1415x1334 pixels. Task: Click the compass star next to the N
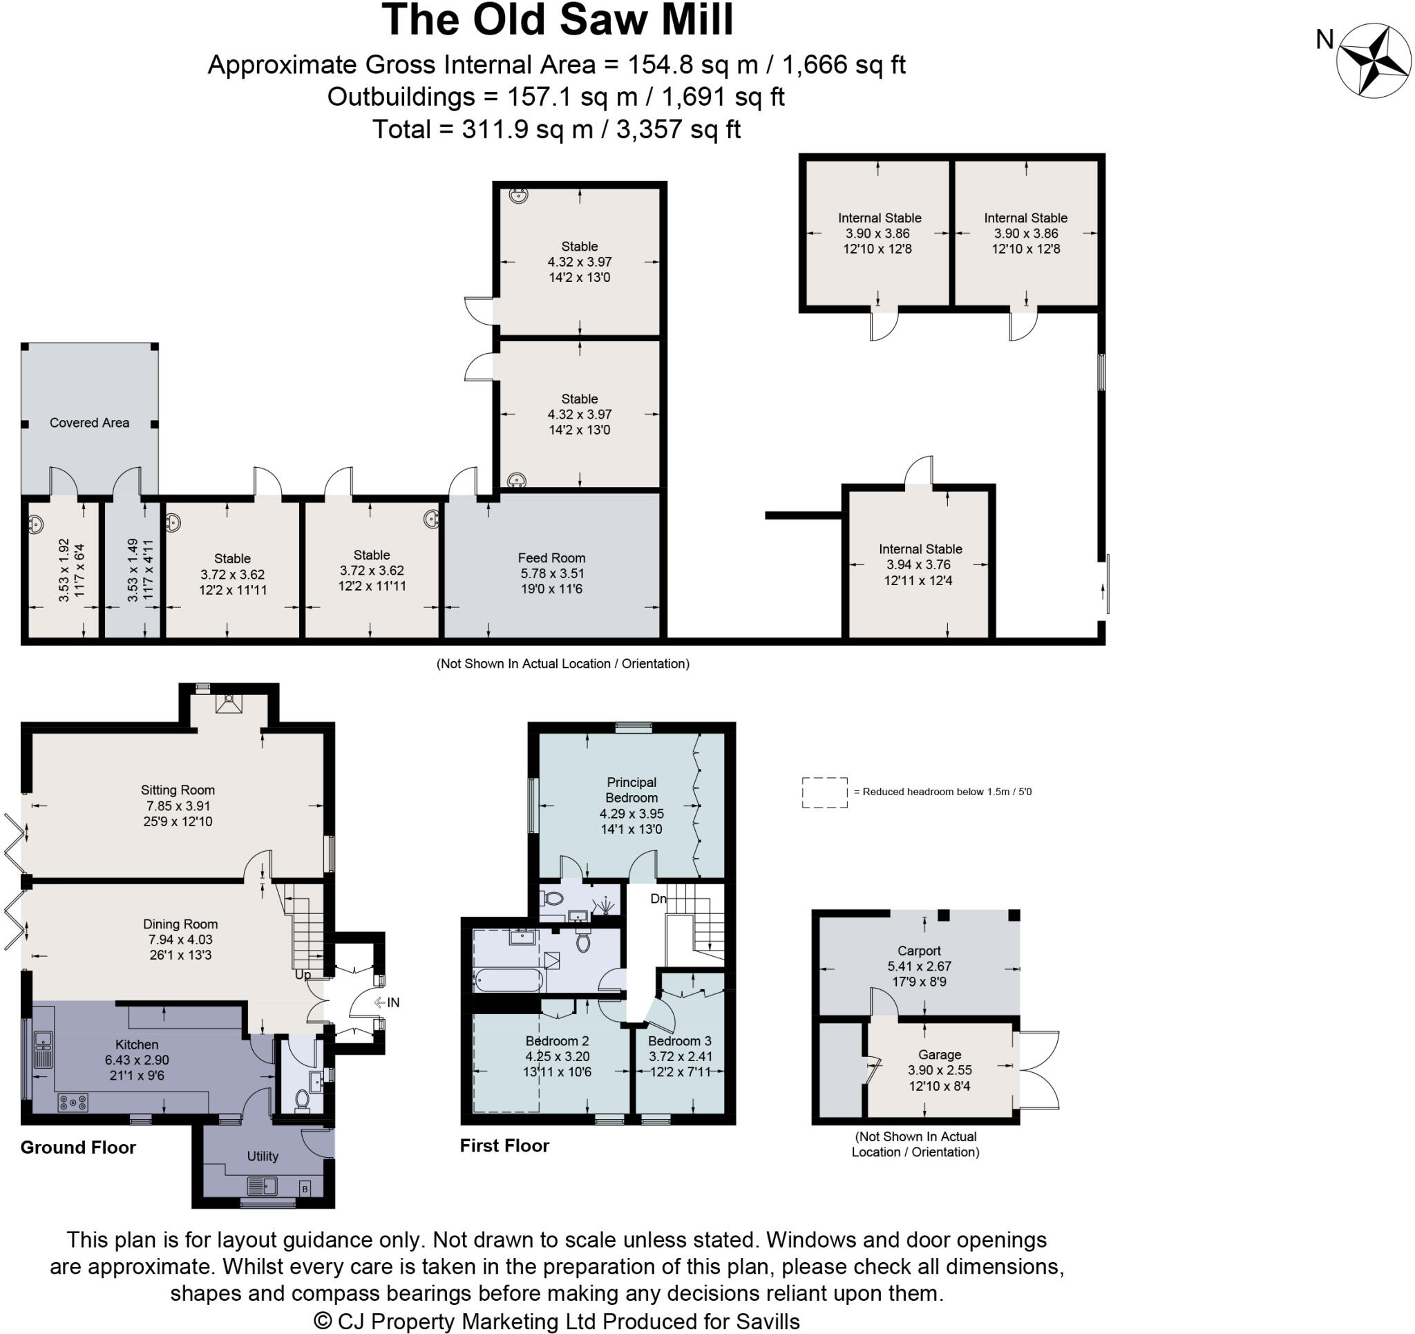tap(1373, 61)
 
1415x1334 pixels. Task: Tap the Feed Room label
tap(551, 558)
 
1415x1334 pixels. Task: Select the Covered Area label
tap(90, 423)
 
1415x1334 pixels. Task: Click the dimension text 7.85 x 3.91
tap(178, 806)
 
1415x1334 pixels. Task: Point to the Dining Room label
tap(180, 924)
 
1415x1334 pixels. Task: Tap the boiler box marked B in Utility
tap(305, 1189)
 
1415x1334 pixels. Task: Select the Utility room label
tap(263, 1156)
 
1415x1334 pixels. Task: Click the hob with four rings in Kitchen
tap(73, 1103)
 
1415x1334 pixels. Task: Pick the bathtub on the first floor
tap(509, 980)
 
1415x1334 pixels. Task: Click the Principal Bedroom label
tap(631, 790)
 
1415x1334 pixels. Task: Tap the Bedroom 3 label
tap(680, 1040)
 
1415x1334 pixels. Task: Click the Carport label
tap(919, 951)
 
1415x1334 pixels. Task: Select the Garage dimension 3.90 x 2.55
tap(940, 1070)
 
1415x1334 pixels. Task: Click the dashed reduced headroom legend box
tap(824, 792)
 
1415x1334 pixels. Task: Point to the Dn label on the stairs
tap(658, 899)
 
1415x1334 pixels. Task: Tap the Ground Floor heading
tap(78, 1147)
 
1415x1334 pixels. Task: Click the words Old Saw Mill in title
tap(603, 20)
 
